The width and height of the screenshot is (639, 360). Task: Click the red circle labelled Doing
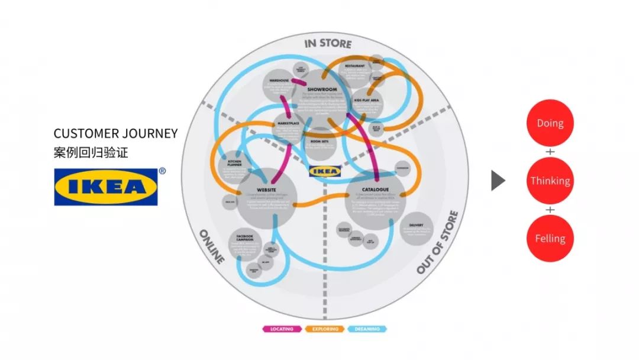550,123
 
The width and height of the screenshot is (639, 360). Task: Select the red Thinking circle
550,181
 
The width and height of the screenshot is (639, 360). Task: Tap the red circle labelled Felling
550,238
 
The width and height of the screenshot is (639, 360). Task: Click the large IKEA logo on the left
106,187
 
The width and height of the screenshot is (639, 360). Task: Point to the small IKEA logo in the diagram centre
325,171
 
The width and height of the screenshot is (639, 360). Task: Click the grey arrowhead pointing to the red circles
498,181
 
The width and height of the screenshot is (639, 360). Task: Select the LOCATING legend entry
282,329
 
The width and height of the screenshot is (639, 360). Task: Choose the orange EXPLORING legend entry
325,329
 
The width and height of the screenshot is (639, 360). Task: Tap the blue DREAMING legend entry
368,329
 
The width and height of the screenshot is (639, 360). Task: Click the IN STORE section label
328,43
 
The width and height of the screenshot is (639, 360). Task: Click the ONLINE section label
211,246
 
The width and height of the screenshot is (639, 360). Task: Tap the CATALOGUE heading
375,190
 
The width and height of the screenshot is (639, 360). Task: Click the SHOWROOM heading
322,90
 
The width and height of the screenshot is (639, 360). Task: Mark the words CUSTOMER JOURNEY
115,133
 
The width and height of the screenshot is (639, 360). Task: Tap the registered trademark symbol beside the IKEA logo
162,172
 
